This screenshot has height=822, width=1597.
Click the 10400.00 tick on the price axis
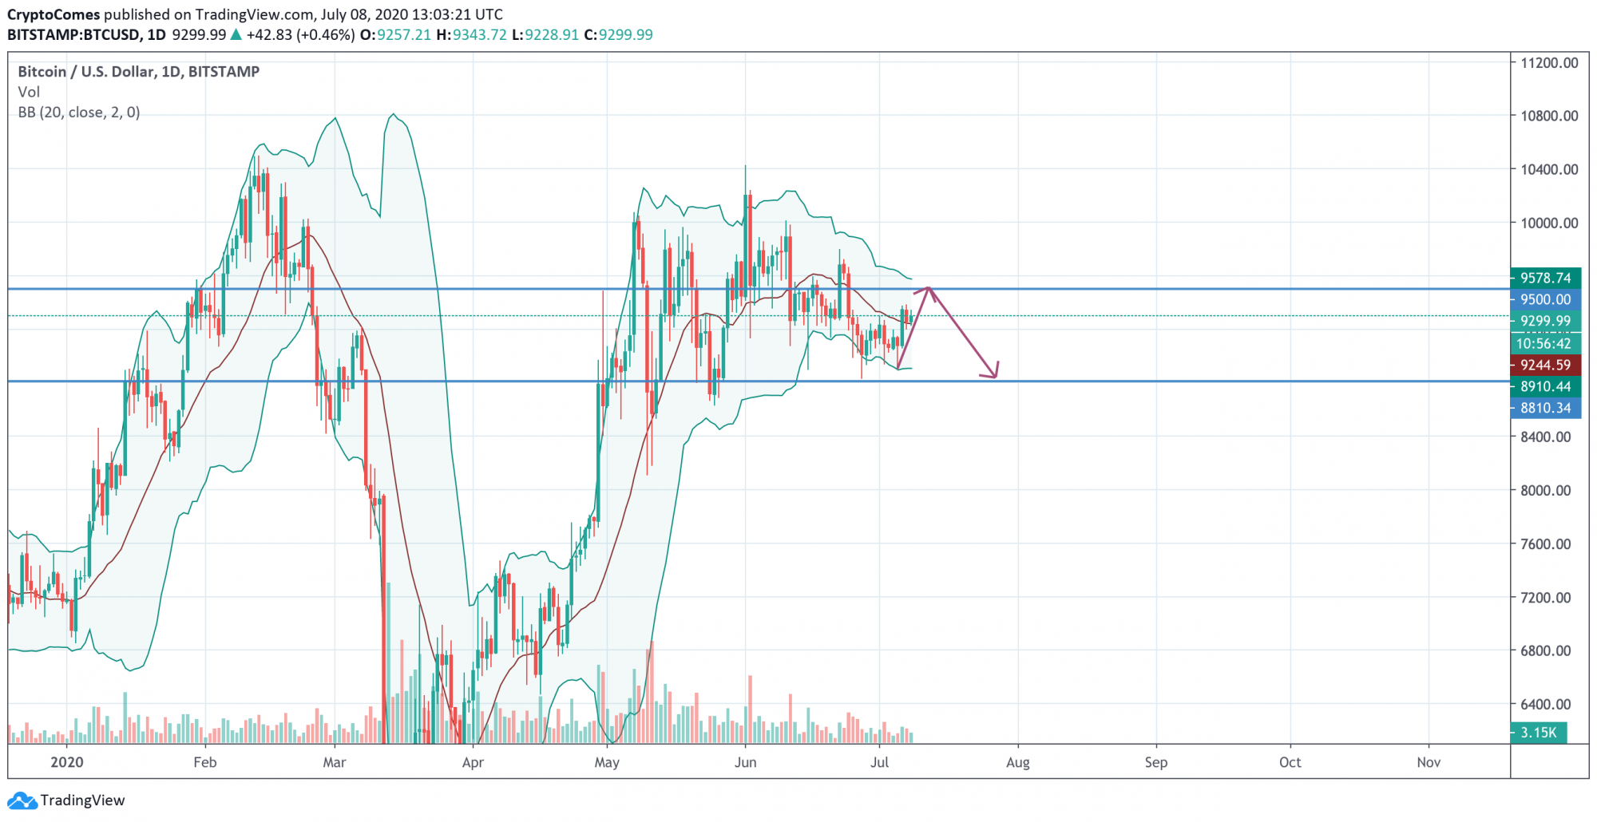coord(1549,169)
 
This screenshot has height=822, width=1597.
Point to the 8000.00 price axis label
coord(1549,490)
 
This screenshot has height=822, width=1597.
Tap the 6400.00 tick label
coord(1549,704)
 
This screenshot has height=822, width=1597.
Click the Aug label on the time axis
coord(1018,762)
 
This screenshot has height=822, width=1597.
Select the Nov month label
coord(1429,762)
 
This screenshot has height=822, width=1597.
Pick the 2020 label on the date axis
coord(66,762)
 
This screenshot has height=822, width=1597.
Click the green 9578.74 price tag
coord(1545,278)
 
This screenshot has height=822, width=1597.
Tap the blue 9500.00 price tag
coord(1545,299)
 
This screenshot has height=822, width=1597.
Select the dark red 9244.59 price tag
coord(1545,365)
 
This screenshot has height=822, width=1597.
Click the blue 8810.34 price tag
coord(1545,408)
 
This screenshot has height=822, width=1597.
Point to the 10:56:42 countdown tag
coord(1544,343)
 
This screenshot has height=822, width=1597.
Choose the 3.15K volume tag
coord(1538,732)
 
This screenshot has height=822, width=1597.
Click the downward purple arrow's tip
coord(995,376)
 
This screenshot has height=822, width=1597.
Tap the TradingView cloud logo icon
coord(22,800)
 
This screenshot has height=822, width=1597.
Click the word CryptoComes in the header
coord(53,14)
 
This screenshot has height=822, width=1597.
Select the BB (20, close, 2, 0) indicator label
coord(79,113)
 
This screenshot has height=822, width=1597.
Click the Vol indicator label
coord(29,92)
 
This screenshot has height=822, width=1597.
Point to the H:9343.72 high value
coord(471,35)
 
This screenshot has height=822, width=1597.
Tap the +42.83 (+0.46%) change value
coord(300,35)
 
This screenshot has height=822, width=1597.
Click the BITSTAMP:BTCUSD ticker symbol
coord(74,35)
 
